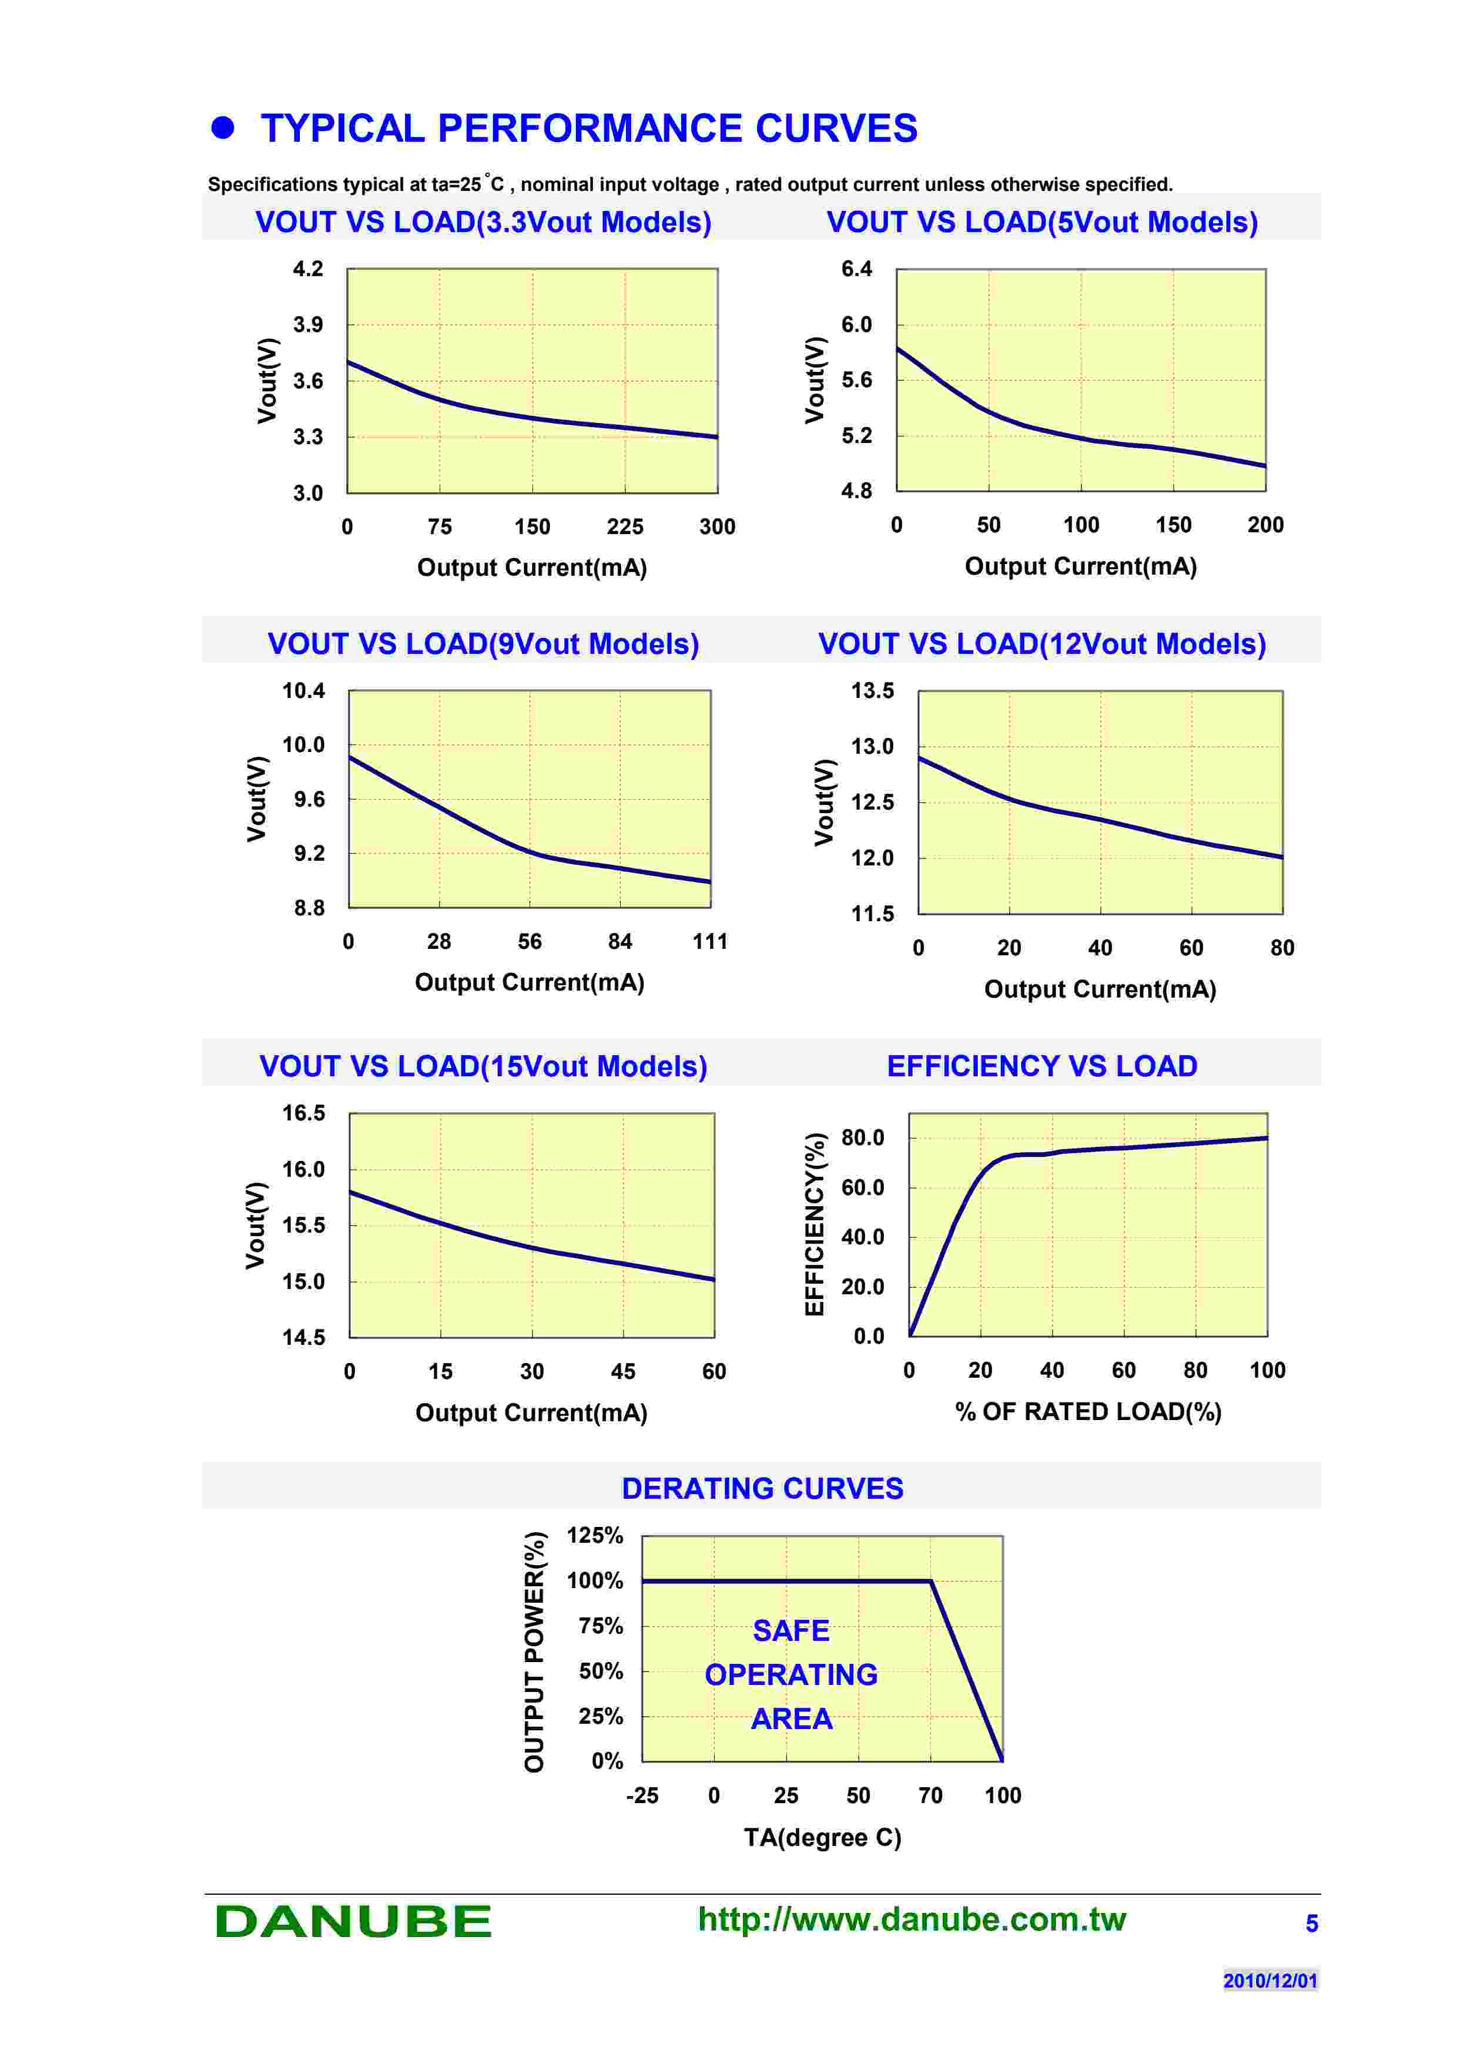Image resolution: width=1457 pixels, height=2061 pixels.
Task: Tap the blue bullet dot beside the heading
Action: [x=223, y=127]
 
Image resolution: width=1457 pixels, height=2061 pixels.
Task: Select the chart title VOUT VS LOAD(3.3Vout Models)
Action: [x=483, y=221]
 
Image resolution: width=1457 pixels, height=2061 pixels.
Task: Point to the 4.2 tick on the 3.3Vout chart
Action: [x=308, y=269]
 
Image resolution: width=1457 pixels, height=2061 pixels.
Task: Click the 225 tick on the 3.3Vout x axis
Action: [x=625, y=527]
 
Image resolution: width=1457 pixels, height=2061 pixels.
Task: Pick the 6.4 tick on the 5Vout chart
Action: [x=856, y=269]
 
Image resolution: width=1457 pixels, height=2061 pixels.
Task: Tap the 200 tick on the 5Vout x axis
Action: [x=1265, y=525]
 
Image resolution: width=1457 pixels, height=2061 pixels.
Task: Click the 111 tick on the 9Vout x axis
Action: [x=709, y=942]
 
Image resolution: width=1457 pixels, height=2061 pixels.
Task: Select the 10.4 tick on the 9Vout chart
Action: [x=303, y=691]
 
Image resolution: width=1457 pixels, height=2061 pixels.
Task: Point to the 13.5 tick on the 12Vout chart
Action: [x=873, y=691]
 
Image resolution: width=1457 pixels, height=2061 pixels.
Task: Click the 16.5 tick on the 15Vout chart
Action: [x=303, y=1113]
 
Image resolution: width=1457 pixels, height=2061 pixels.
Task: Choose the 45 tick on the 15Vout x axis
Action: [x=623, y=1372]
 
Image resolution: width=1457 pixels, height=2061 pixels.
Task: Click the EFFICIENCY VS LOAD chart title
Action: [x=1041, y=1066]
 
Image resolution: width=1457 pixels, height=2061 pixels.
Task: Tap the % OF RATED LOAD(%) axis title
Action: [x=1088, y=1412]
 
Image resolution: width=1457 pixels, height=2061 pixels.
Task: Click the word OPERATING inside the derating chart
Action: [x=791, y=1675]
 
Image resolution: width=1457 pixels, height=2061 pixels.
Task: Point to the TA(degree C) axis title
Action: [x=822, y=1838]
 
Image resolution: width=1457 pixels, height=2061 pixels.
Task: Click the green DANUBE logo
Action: [x=353, y=1922]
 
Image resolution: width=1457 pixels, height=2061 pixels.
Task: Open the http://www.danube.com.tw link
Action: [x=911, y=1919]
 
